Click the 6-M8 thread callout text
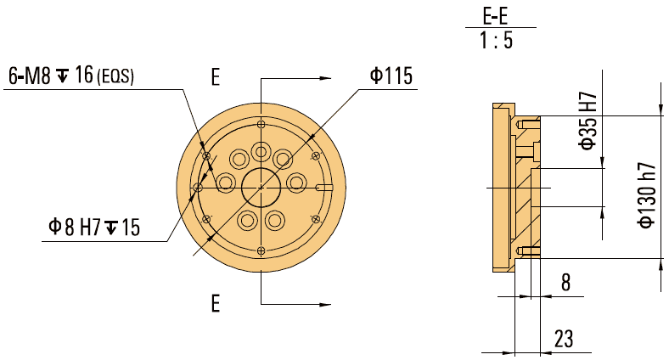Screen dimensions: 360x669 click(x=51, y=77)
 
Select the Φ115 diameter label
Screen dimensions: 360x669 click(x=391, y=76)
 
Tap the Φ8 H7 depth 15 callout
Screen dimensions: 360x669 click(x=93, y=227)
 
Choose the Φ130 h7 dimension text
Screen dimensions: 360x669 click(x=647, y=194)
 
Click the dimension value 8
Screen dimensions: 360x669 click(x=565, y=284)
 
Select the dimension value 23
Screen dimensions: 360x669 click(x=562, y=337)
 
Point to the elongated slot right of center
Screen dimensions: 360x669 click(x=325, y=187)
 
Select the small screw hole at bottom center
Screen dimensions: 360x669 click(x=260, y=250)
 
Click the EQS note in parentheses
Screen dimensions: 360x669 click(x=116, y=78)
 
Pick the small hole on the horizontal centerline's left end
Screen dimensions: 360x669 click(x=197, y=187)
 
